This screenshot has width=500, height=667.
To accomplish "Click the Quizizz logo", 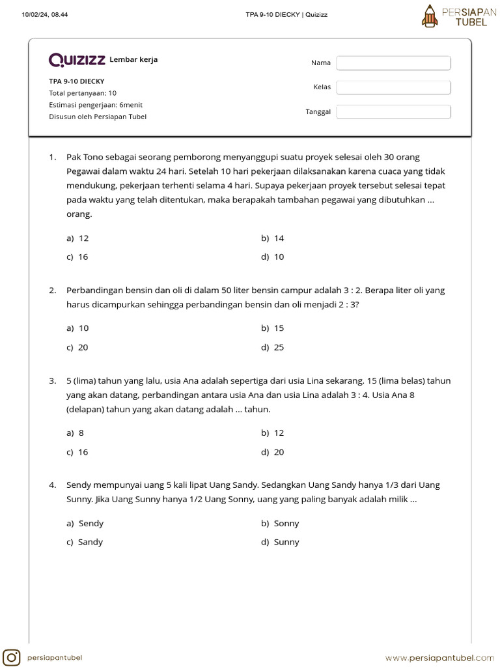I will tap(77, 60).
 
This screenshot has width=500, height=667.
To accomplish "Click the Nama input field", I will tap(393, 63).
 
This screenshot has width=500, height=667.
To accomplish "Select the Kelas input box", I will tap(393, 87).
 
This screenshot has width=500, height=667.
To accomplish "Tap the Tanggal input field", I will tap(393, 112).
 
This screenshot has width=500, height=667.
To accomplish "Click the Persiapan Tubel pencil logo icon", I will tap(429, 16).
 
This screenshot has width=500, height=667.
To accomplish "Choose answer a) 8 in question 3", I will tap(76, 433).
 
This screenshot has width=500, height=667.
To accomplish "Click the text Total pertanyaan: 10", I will tap(83, 93).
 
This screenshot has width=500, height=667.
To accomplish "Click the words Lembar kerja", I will tap(133, 60).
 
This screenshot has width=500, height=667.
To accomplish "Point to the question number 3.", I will tap(51, 381).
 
